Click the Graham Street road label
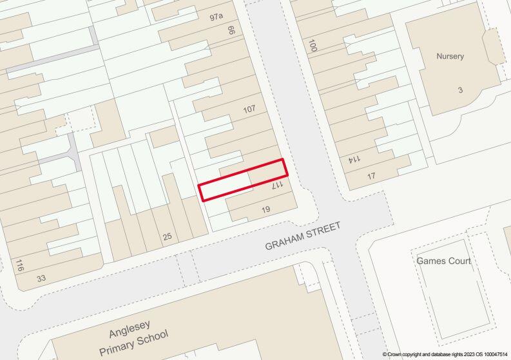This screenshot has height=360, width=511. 302,236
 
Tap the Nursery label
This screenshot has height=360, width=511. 450,56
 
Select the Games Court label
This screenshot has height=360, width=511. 443,261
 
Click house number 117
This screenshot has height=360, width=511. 277,185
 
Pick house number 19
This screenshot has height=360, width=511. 265,210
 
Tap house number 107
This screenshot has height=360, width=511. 249,109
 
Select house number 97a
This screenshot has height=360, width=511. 217,17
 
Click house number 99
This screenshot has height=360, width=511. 231,31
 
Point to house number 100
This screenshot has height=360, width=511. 313,45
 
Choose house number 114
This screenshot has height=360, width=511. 354,159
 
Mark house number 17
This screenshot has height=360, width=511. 371,176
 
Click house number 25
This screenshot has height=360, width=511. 168,237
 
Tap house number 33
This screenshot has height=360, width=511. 41,278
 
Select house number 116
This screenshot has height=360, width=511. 19,265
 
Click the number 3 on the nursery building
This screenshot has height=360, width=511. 460,90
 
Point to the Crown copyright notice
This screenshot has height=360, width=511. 445,354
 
